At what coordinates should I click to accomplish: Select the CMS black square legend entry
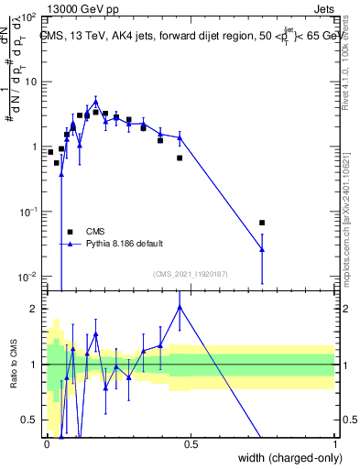click(x=70, y=232)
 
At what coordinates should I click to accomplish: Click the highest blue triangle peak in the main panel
click(x=95, y=102)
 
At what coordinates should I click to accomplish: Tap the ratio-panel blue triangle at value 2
click(x=180, y=308)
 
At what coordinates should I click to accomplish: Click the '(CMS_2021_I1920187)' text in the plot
click(x=190, y=273)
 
